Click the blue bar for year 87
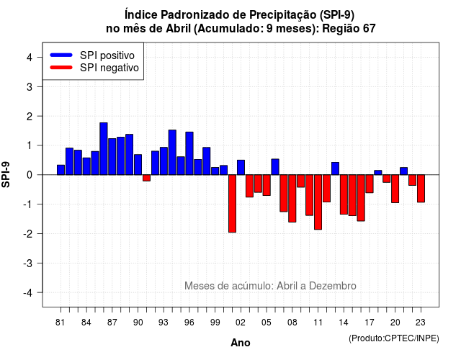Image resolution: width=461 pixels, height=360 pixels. coord(112,157)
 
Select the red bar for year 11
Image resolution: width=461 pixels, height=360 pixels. coord(318,202)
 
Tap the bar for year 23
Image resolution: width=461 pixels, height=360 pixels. coord(421,189)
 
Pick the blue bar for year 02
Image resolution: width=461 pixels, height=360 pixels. coord(241,168)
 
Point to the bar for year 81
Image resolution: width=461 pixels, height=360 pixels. coord(61,170)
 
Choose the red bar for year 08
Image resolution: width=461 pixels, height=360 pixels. coord(292,199)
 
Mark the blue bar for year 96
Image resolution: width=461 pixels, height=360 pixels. coord(189,153)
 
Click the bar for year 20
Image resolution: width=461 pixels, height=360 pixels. coord(395,189)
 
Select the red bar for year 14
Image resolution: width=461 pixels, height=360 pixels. coord(344,194)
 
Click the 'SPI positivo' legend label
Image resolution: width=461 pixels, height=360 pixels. coord(107,55)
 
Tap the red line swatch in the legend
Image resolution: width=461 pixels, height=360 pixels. coord(61,68)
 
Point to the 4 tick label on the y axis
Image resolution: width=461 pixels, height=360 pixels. coord(30,58)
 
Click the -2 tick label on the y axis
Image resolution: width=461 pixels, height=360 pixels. coord(28,233)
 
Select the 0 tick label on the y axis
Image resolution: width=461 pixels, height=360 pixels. coord(30,175)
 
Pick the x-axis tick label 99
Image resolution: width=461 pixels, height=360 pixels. coord(215,323)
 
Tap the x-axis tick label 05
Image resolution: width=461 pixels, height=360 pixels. coord(267,323)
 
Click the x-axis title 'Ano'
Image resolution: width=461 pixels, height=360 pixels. coord(241,343)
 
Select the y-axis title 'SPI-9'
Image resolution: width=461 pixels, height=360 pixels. coord(6,174)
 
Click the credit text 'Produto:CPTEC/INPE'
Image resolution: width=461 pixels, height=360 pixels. coord(394,338)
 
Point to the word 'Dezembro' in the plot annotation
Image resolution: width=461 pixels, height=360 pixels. coord(333,286)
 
